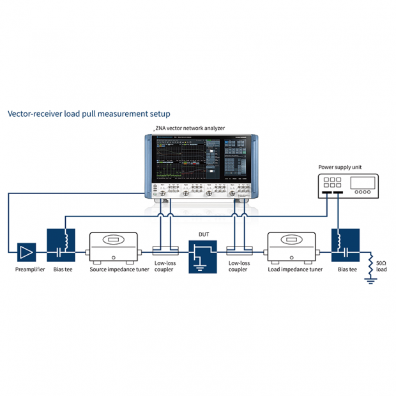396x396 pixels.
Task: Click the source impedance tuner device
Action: [x=115, y=247]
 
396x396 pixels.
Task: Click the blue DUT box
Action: [x=202, y=256]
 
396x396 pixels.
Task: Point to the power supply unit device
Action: [x=348, y=185]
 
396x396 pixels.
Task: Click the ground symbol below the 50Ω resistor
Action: [x=370, y=280]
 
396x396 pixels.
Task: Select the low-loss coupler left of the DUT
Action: [x=167, y=250]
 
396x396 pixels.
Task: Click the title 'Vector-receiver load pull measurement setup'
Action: [x=89, y=114]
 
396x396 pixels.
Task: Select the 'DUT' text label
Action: [x=202, y=234]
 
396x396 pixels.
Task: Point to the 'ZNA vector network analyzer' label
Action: [x=190, y=128]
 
